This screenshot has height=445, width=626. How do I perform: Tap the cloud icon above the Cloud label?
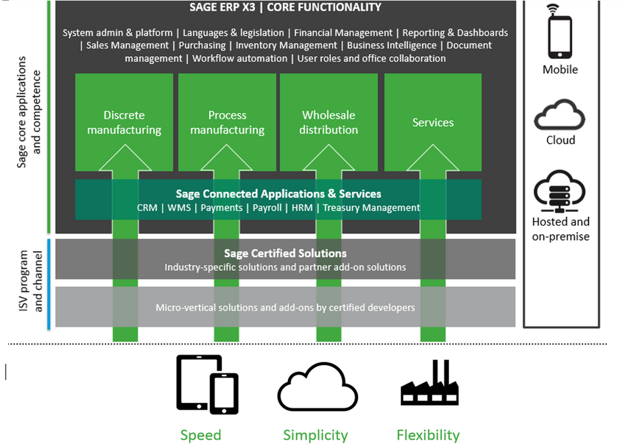(x=560, y=116)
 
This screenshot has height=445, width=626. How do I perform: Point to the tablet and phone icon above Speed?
(x=207, y=384)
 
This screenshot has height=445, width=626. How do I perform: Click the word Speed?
(x=200, y=435)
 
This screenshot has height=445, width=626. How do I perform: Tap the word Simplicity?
(x=316, y=435)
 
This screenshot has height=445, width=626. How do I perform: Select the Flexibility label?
(x=428, y=435)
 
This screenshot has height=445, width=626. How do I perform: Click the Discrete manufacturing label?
(x=124, y=122)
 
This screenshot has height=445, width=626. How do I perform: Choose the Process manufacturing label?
(x=227, y=122)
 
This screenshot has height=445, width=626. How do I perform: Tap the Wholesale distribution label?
(x=329, y=122)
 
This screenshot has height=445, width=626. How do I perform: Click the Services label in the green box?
(x=433, y=122)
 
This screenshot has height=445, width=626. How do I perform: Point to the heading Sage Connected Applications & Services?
(x=279, y=194)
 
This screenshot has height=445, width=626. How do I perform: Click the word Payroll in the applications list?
(x=267, y=207)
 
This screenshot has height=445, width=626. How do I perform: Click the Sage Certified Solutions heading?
(x=285, y=253)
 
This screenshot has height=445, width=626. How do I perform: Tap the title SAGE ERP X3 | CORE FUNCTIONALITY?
(x=285, y=7)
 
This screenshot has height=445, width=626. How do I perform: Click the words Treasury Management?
(x=371, y=207)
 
